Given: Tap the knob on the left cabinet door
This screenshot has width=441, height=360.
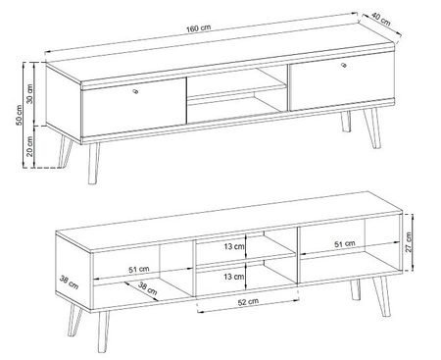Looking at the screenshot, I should pyautogui.click(x=135, y=93).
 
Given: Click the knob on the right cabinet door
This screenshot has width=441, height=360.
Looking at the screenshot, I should pyautogui.click(x=346, y=65).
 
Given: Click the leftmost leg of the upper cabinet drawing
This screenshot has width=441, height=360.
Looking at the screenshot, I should pyautogui.click(x=66, y=152).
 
